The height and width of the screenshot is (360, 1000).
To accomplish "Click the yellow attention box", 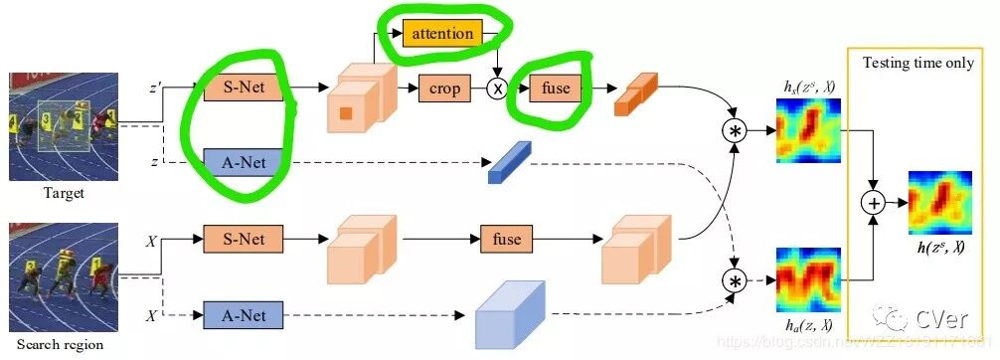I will coord(439,34).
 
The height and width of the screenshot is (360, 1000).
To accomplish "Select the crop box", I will coord(444,89).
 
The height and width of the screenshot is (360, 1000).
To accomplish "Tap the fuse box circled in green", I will coord(556,88).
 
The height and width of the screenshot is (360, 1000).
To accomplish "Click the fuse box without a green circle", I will coord(507,240).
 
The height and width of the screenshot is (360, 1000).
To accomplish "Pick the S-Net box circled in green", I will coord(243,89).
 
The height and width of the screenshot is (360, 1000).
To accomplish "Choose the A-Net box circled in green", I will coord(243,160).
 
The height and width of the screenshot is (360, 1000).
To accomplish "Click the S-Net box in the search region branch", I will coord(243,240).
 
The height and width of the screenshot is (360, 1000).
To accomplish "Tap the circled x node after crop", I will coord(498,89).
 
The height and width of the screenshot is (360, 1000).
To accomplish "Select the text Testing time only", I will coord(917,63).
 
